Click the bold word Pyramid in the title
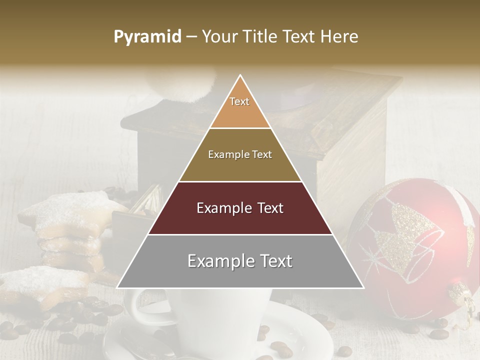click(147, 37)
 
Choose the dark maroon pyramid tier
click(240, 208)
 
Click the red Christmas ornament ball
click(415, 250)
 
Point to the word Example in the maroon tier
click(219, 208)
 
